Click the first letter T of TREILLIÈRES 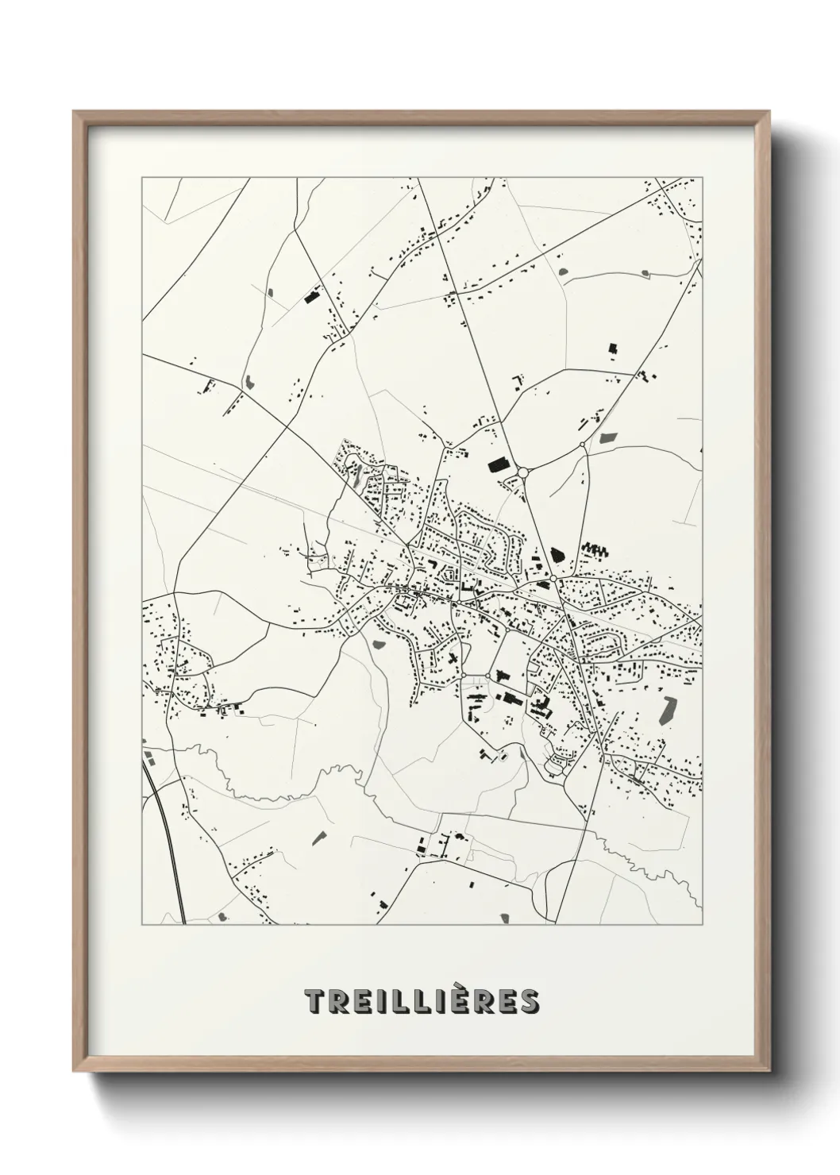(x=313, y=1001)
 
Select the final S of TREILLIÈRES (x=529, y=1001)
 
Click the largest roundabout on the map (x=522, y=473)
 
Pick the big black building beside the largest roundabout (x=497, y=464)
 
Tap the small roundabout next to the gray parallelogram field (x=583, y=445)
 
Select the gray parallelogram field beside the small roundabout (x=609, y=437)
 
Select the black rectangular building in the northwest (x=310, y=298)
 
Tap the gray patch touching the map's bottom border (x=503, y=919)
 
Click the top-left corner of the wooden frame (x=75, y=113)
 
